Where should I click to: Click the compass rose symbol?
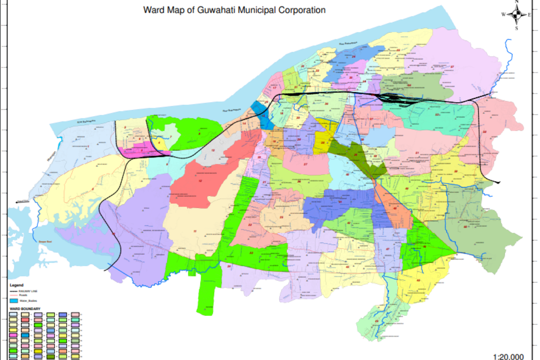517,14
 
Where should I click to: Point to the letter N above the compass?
517,2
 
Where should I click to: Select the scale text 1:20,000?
508,356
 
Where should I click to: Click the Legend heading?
16,285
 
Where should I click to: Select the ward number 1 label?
89,147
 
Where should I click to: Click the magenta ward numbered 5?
141,151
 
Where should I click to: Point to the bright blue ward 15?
263,116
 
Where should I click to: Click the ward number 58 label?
485,132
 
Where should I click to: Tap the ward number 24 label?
354,56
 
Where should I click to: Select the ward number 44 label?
376,321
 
